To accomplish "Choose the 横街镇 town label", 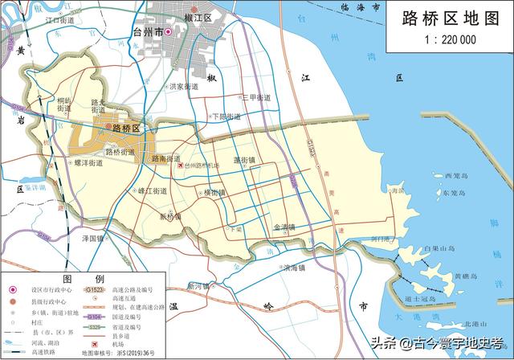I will click(x=216, y=192).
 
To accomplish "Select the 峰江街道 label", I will click(x=152, y=191).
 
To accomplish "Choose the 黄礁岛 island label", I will click(x=467, y=276).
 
